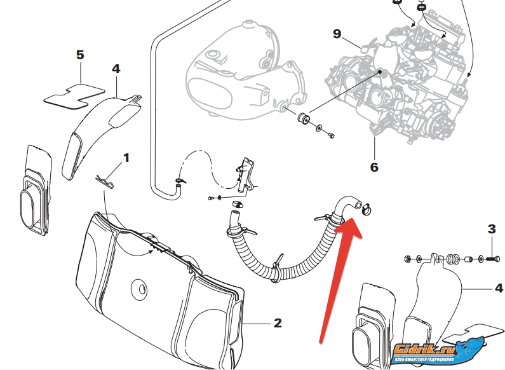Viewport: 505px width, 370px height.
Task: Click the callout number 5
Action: [x=80, y=55]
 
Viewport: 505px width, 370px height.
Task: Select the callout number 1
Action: [x=126, y=157]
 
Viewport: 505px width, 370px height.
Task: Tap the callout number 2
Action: [x=278, y=323]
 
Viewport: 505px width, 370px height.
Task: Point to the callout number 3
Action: [x=491, y=229]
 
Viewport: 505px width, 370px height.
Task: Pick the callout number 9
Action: [x=337, y=34]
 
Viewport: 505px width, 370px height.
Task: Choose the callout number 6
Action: [x=374, y=167]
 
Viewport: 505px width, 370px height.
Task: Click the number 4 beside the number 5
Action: [x=116, y=68]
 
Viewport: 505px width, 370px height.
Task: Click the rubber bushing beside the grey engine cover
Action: [x=304, y=118]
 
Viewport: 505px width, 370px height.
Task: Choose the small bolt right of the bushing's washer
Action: [x=331, y=135]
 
